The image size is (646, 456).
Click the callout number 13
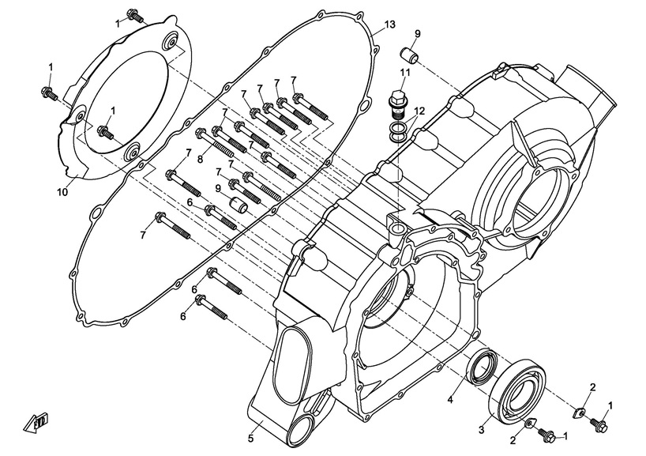click(389, 25)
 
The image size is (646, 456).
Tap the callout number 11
click(404, 73)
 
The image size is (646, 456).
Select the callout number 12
click(420, 111)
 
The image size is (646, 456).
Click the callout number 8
click(201, 160)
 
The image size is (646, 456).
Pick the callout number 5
click(250, 437)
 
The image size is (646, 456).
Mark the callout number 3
click(480, 429)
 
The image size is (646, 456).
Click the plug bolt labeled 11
click(397, 101)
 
